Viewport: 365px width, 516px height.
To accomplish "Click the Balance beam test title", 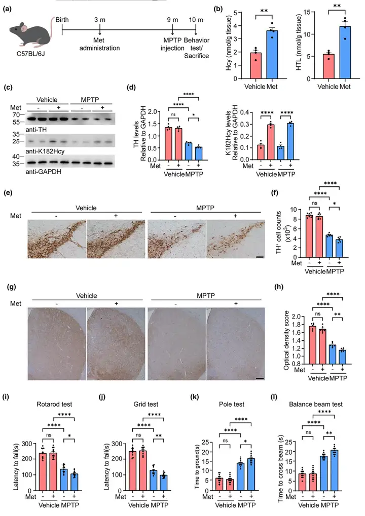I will pyautogui.click(x=319, y=404).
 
